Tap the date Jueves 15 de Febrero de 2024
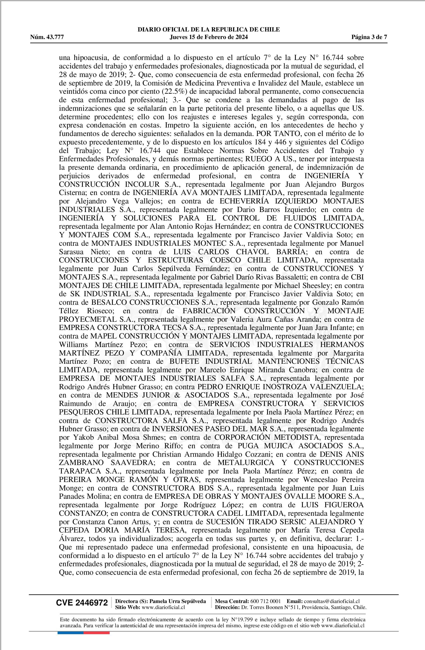(x=209, y=37)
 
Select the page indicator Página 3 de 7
(x=369, y=37)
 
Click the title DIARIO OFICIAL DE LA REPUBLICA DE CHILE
(x=209, y=30)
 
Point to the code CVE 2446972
(x=82, y=603)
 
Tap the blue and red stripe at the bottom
(x=83, y=633)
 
